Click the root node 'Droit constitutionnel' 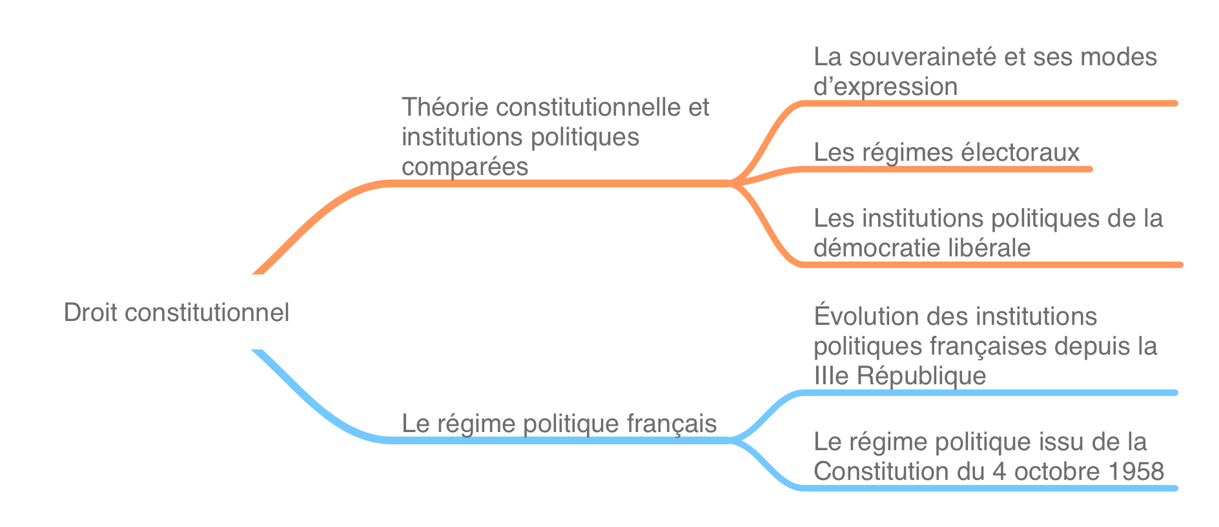tap(176, 313)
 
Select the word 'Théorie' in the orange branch tap(445, 107)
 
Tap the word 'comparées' tap(465, 167)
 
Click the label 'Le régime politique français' tap(559, 424)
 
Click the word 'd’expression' tap(885, 87)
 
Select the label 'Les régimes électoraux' tap(947, 152)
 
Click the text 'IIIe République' tap(900, 376)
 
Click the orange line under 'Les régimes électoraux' tap(947, 169)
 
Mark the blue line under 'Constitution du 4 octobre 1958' tap(989, 488)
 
